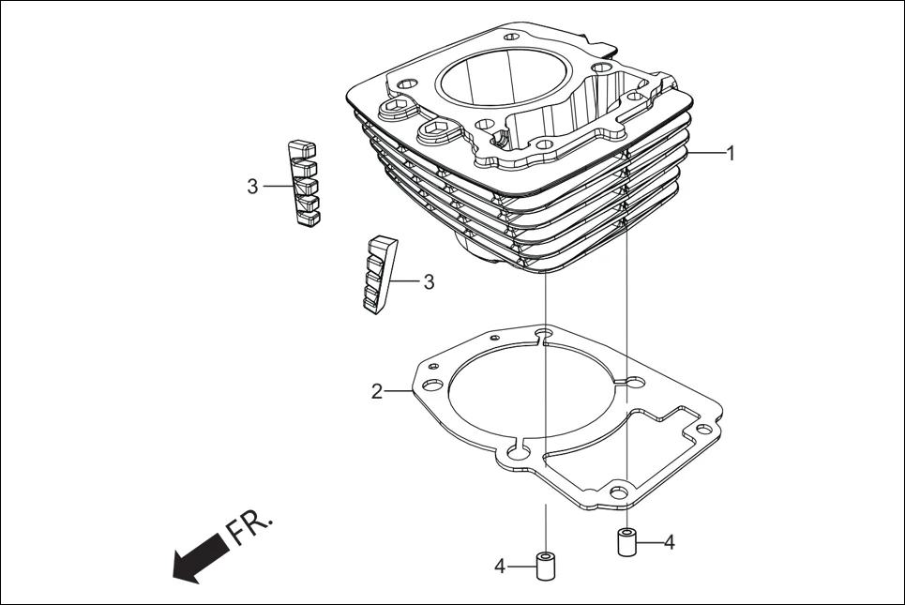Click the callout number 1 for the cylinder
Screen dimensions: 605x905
[731, 153]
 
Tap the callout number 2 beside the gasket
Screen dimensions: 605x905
[377, 391]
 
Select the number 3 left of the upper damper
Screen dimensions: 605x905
[252, 187]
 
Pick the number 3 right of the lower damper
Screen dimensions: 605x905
[429, 281]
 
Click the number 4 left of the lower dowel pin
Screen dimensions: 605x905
[501, 566]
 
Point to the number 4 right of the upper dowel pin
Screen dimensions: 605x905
[668, 541]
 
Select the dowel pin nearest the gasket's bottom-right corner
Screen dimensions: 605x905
[626, 542]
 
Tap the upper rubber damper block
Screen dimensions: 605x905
[302, 183]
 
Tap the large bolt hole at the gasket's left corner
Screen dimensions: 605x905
[431, 386]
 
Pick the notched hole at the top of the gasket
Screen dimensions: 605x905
[543, 335]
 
